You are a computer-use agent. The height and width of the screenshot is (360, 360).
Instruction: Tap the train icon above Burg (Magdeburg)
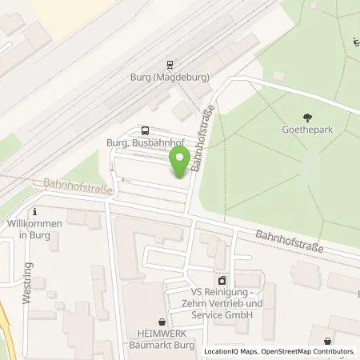170,65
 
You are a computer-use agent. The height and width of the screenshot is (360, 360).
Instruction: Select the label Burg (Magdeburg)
170,78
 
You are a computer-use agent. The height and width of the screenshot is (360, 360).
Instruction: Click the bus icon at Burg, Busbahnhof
144,130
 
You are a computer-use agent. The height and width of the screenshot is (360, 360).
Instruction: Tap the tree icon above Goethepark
308,117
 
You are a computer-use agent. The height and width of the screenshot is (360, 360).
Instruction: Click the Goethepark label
308,130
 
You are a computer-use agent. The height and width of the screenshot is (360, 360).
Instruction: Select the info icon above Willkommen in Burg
34,212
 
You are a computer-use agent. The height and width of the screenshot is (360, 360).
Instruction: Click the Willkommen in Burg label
34,230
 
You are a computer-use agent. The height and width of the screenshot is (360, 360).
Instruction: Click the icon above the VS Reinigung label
222,280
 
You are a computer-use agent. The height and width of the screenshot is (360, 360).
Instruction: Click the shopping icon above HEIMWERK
162,321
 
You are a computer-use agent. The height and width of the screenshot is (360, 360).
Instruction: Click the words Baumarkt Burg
162,345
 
